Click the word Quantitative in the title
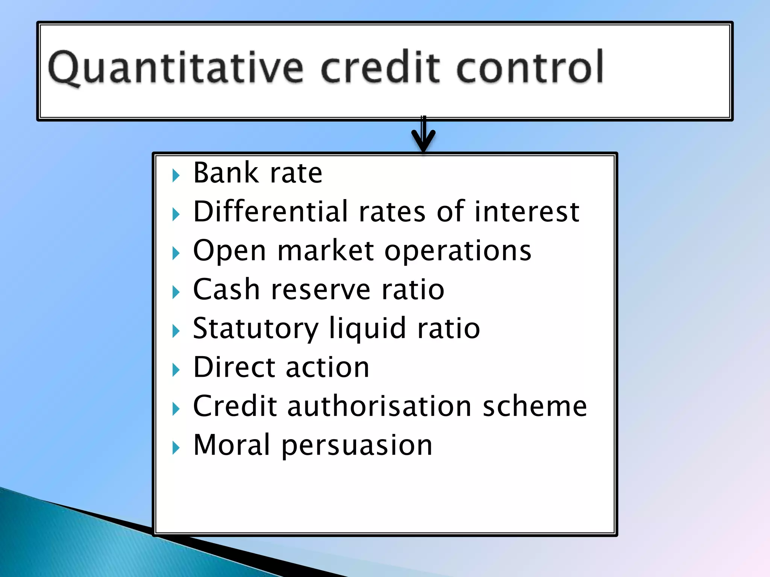(175, 68)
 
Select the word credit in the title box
(380, 68)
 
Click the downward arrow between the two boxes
(423, 135)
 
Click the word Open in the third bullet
(230, 251)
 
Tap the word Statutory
(256, 329)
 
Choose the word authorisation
(379, 406)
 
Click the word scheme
(534, 406)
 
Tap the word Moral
(232, 445)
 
